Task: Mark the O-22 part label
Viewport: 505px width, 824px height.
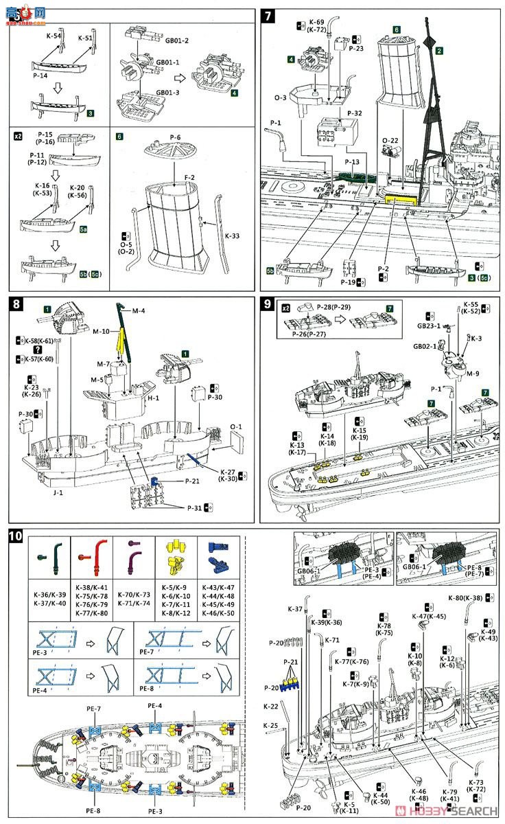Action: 390,140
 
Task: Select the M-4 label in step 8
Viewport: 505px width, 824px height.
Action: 139,312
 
